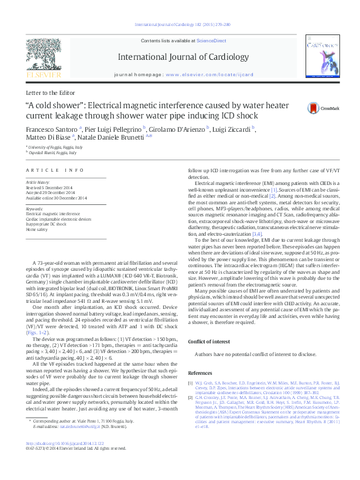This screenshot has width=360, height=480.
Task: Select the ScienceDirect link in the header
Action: (x=212, y=40)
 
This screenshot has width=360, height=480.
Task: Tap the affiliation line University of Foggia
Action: (x=52, y=147)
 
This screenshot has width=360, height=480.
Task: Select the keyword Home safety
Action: (x=37, y=230)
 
